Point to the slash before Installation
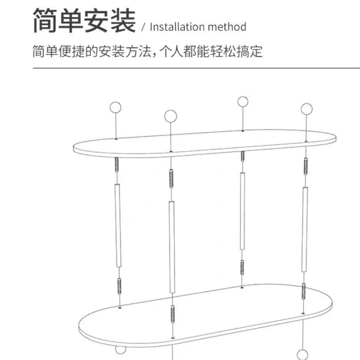(x=143, y=27)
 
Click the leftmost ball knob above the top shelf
(x=115, y=107)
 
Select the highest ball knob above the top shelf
(x=243, y=102)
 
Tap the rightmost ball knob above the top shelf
(x=306, y=109)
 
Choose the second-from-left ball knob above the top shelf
(x=170, y=116)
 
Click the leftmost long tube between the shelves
(x=118, y=225)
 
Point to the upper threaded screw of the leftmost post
(x=117, y=165)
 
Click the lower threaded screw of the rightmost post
(x=303, y=291)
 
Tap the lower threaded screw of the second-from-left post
(x=173, y=314)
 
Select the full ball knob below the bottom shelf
(x=303, y=354)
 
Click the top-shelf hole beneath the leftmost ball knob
(x=116, y=139)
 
